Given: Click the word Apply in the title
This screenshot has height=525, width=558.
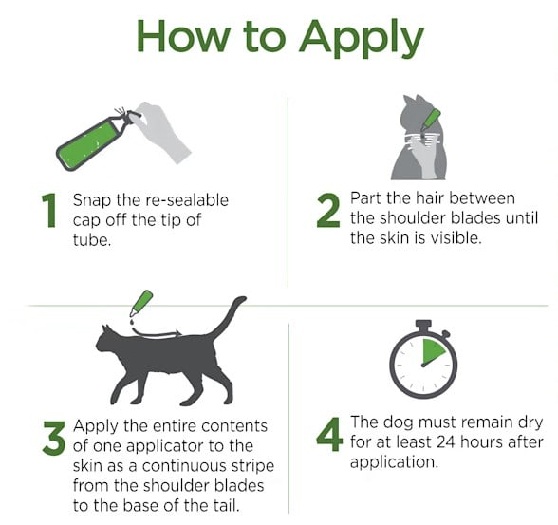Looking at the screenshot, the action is click(x=362, y=38).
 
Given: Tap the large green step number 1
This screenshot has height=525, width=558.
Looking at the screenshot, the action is click(x=49, y=211).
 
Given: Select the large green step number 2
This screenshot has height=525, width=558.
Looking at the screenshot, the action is click(x=328, y=211).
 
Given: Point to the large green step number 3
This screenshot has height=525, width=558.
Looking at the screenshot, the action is click(x=54, y=439).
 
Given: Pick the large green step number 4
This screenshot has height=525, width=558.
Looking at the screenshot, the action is click(x=329, y=434).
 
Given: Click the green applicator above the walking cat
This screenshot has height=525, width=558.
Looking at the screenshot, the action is click(x=141, y=303).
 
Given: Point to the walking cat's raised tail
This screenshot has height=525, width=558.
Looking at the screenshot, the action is click(x=228, y=317).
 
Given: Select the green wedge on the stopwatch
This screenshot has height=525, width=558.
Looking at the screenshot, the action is click(x=432, y=351).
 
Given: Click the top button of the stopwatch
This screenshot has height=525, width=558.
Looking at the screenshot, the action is click(x=423, y=325).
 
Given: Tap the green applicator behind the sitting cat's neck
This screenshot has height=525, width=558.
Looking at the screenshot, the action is click(x=430, y=120).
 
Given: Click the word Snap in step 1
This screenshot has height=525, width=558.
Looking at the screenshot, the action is click(x=92, y=201).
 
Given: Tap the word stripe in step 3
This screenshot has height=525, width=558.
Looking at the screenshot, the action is click(x=252, y=467).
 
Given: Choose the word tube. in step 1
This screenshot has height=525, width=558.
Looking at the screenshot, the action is click(x=92, y=240).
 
